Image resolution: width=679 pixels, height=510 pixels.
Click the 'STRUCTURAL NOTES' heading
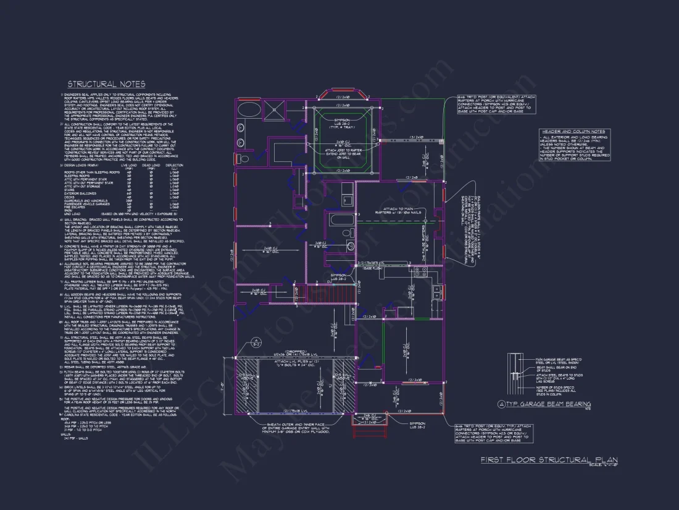[x=106, y=84]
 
